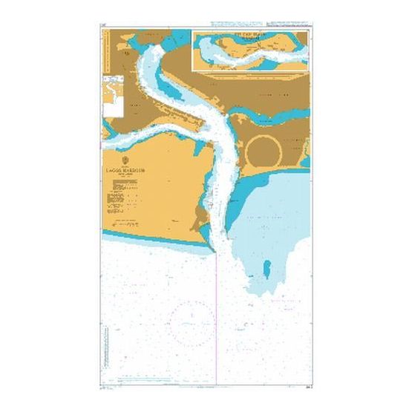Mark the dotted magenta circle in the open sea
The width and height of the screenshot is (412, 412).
tap(192, 320)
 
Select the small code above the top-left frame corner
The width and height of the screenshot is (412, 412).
tap(105, 28)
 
